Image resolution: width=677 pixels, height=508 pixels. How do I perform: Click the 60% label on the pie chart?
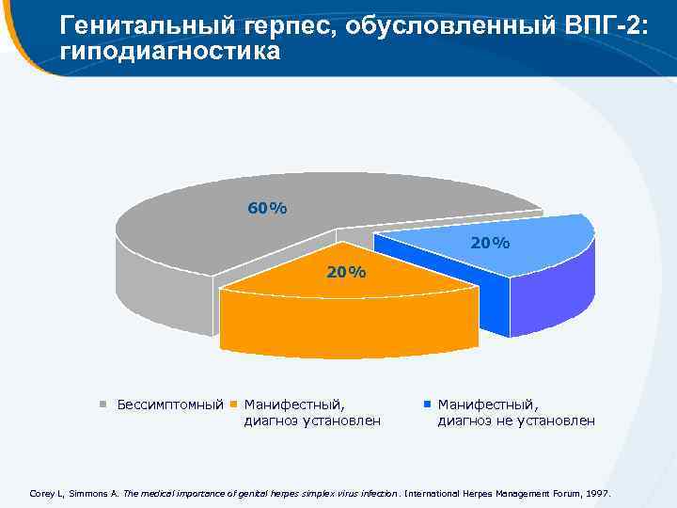click(x=267, y=208)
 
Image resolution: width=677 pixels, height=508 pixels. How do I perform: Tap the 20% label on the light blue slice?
click(x=490, y=243)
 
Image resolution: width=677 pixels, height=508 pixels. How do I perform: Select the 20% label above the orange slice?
click(x=346, y=273)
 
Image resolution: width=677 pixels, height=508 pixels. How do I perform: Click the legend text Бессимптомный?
click(x=170, y=405)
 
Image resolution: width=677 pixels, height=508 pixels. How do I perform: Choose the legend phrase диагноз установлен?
click(x=312, y=421)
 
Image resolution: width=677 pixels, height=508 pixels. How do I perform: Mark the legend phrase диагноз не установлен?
click(x=516, y=421)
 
